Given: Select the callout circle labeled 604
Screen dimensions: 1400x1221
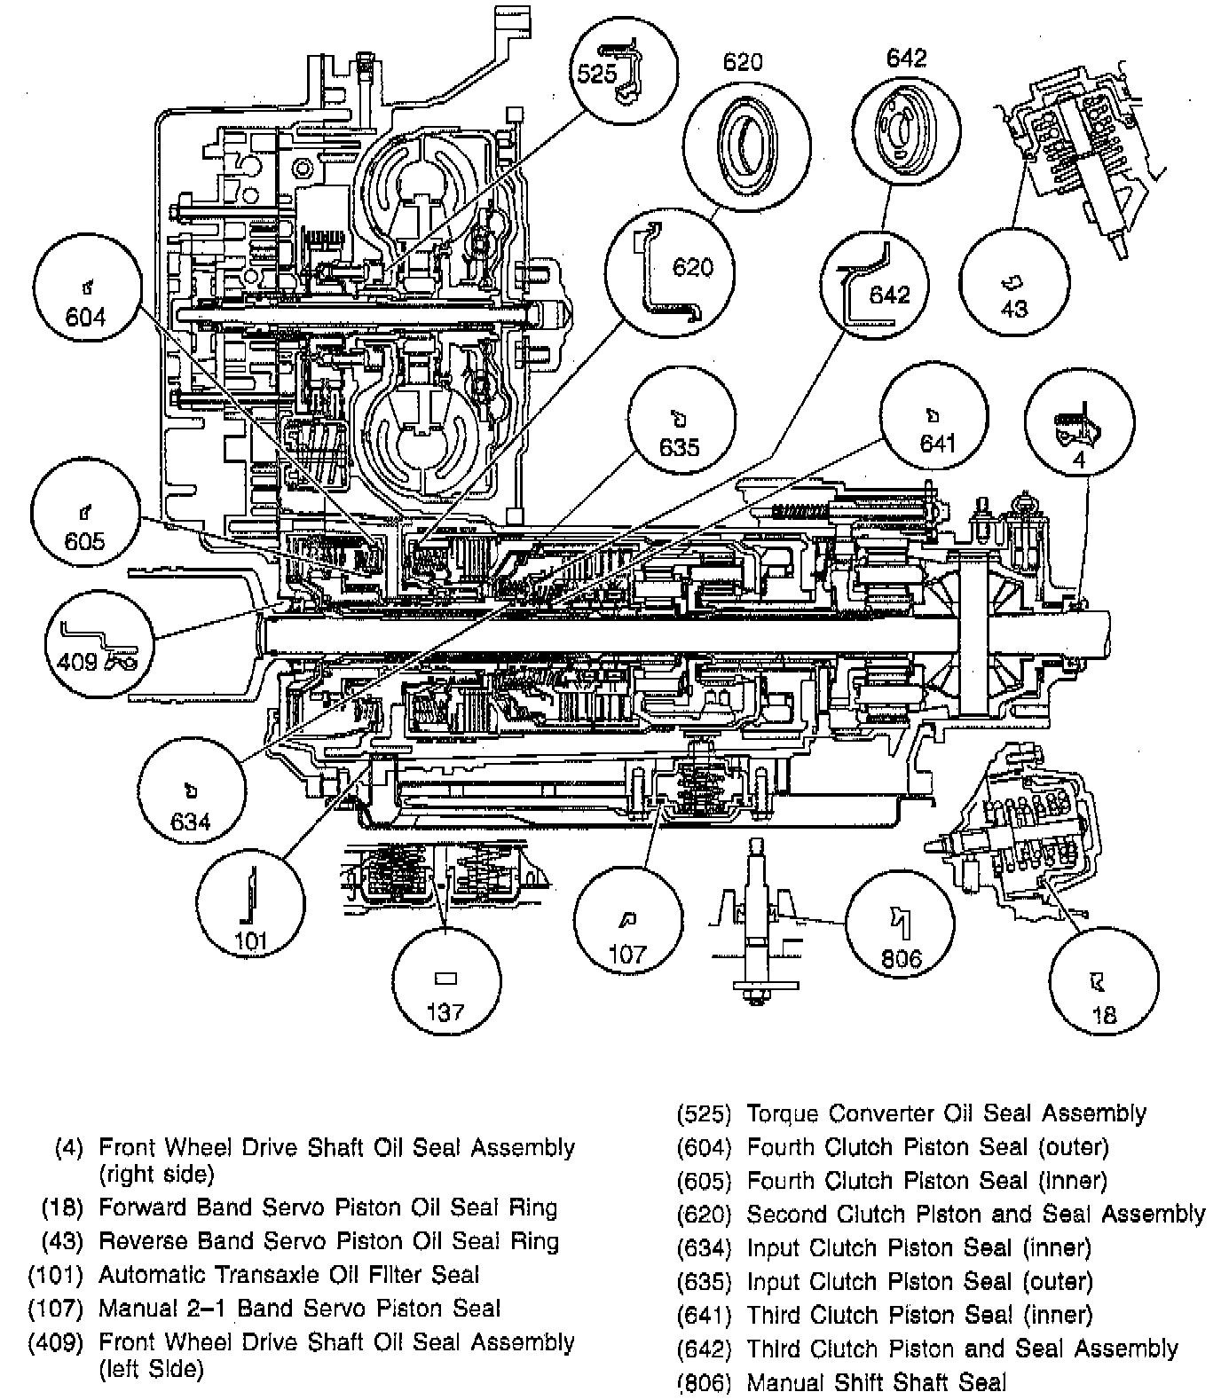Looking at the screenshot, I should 86,300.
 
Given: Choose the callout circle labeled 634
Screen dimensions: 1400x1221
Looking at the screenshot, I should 191,803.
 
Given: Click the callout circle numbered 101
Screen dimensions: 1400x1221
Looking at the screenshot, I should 251,905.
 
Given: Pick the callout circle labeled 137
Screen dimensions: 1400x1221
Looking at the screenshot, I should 445,981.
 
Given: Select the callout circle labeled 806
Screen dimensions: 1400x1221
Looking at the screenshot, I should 900,926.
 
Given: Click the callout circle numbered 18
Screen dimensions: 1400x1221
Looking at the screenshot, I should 1103,980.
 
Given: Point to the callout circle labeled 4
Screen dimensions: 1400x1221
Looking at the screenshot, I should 1078,425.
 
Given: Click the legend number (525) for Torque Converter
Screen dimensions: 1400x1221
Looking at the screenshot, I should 704,1113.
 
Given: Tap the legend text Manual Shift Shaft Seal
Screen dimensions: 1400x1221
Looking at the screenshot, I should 877,1382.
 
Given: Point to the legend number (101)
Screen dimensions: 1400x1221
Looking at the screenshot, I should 55,1275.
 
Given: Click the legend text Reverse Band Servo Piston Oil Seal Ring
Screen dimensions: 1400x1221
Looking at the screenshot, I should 328,1241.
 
